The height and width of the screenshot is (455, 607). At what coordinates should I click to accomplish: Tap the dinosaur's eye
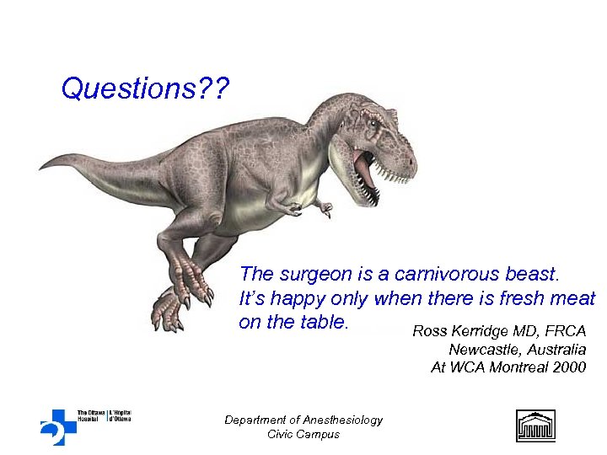372,124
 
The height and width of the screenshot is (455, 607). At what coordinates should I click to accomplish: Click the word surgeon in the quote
318,275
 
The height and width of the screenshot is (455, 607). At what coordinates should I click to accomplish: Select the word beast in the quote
529,275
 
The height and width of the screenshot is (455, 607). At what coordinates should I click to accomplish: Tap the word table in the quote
321,323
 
